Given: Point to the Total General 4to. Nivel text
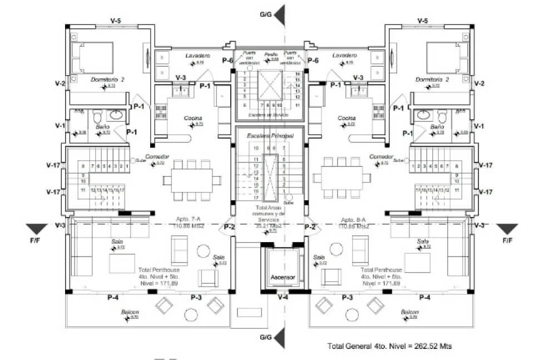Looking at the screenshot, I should tap(389, 346).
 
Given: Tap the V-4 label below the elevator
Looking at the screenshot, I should tap(283, 298).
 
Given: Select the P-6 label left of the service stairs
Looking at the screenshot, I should tap(228, 60).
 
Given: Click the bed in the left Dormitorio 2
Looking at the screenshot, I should tap(93, 57).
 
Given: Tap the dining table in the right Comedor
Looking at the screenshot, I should tap(342, 179).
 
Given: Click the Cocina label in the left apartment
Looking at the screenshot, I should tap(192, 118).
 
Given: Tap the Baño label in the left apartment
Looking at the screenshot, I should tap(102, 127).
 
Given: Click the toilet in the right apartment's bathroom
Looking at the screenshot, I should tap(442, 117).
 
